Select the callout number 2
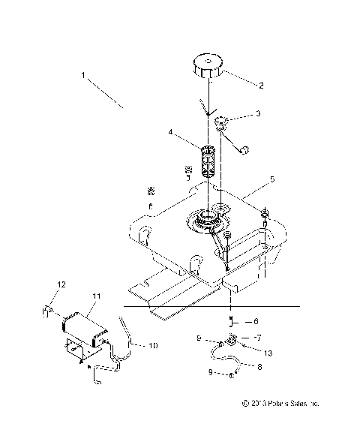pyautogui.click(x=261, y=86)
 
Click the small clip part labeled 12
pyautogui.click(x=46, y=307)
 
